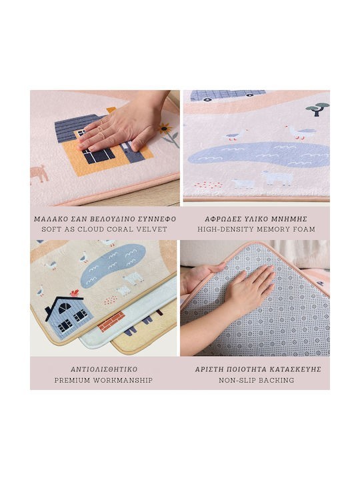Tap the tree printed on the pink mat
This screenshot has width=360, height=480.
(x=317, y=109)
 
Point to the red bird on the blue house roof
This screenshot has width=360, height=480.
(x=75, y=293)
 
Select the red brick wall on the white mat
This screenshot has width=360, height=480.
(x=111, y=321)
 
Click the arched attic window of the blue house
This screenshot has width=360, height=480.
(x=64, y=308)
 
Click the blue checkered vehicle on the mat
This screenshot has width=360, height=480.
(x=227, y=95)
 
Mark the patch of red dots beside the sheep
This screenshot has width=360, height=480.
(x=209, y=185)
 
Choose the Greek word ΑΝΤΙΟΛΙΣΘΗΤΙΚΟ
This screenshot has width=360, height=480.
(x=104, y=369)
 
